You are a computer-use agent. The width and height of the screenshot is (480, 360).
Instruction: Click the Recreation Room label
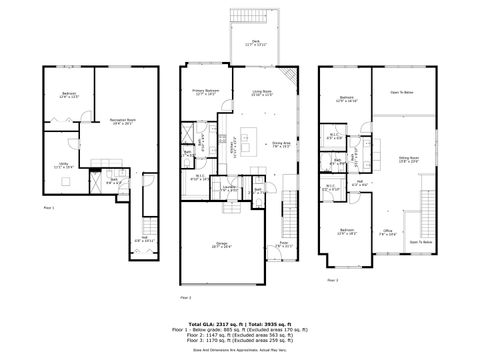pos(124,121)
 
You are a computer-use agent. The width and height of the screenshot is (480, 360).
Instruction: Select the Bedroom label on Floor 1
pos(68,95)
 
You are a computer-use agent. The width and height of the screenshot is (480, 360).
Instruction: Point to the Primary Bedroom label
pos(205,92)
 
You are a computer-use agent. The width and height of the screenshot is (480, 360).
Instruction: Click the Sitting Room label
pos(409,159)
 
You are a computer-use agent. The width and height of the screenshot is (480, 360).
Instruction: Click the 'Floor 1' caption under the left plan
pos(50,206)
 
